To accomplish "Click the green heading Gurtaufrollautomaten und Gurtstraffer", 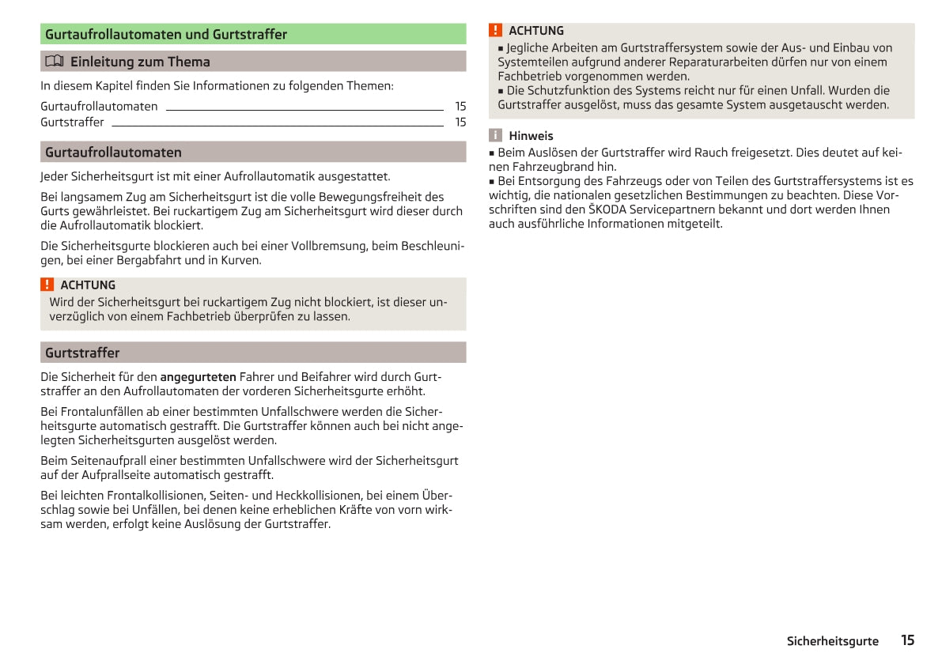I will click(x=166, y=35).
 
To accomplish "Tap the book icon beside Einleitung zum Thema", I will click(x=54, y=62).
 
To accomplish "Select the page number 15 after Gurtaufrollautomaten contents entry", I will click(x=460, y=107).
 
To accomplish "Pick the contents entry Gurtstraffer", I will click(x=72, y=123).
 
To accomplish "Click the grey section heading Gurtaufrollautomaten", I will click(x=113, y=153).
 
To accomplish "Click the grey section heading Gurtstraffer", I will click(x=82, y=353).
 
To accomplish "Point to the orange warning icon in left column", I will click(x=47, y=285).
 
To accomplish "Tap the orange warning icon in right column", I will click(x=496, y=31).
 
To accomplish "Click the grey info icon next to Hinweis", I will click(x=496, y=136).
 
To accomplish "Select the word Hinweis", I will click(x=531, y=136).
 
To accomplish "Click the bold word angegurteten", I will click(x=198, y=377).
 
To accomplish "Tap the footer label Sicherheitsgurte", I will click(x=832, y=641).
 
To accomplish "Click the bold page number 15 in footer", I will click(x=907, y=640).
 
